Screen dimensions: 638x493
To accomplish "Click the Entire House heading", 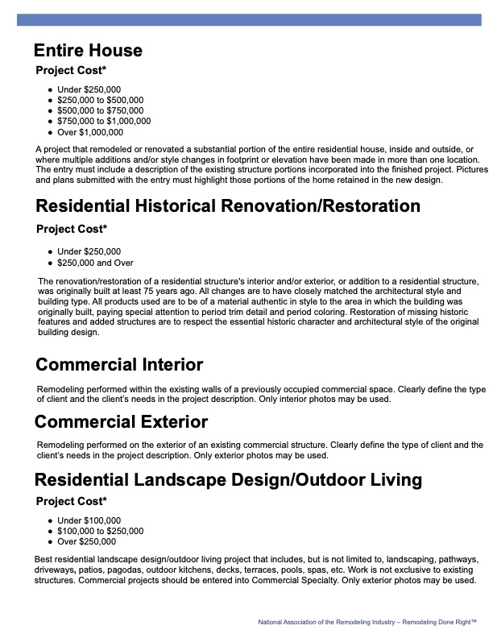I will click(89, 51).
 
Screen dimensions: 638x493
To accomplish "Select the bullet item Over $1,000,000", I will click(90, 132).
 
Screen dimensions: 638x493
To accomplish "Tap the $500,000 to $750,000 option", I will click(101, 110).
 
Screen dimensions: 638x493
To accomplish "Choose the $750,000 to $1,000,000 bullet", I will click(104, 121).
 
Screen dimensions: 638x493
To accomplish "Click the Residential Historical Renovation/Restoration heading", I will click(228, 206).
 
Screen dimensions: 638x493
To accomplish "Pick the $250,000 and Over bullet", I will click(95, 263).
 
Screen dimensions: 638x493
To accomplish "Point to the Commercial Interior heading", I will click(119, 365).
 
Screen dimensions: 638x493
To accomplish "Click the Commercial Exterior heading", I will click(121, 422).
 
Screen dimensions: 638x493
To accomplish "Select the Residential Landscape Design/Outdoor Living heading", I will click(228, 480).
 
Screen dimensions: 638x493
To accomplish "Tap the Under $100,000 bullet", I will click(89, 520).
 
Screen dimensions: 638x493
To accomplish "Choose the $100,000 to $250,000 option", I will click(101, 531).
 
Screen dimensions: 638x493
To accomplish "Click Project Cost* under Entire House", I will click(72, 70).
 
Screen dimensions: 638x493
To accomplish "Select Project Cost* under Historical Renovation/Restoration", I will click(72, 229).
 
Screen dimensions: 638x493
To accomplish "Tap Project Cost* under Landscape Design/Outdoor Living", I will click(72, 501).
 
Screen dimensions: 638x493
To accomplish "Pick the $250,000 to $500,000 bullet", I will click(101, 100).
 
